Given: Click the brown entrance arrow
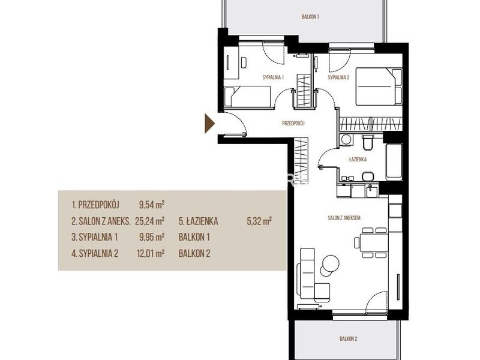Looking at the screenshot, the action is (209, 124).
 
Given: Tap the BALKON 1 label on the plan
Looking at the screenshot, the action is (310, 17).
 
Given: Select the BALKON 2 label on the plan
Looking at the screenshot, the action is (349, 338).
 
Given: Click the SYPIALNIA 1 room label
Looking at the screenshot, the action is (273, 77).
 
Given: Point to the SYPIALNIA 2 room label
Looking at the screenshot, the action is (338, 77).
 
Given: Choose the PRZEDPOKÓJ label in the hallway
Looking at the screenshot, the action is (293, 124).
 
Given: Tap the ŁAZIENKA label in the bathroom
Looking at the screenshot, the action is (358, 160).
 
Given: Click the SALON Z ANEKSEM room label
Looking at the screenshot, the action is (344, 218).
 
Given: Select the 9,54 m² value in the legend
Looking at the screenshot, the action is (152, 204).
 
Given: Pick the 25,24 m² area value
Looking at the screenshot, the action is (150, 221).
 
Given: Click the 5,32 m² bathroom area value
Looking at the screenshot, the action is (260, 221).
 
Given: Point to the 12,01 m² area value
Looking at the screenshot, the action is (151, 253).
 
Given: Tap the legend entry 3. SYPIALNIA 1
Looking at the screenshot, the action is (95, 237).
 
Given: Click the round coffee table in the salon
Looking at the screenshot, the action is (330, 263).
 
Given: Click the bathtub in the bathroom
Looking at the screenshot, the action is (394, 162).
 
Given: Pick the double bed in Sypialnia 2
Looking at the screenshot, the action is (379, 86).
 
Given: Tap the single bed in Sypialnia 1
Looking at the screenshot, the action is (247, 97).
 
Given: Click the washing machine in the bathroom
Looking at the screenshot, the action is (346, 140).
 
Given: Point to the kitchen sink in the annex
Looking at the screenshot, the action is (372, 192).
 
